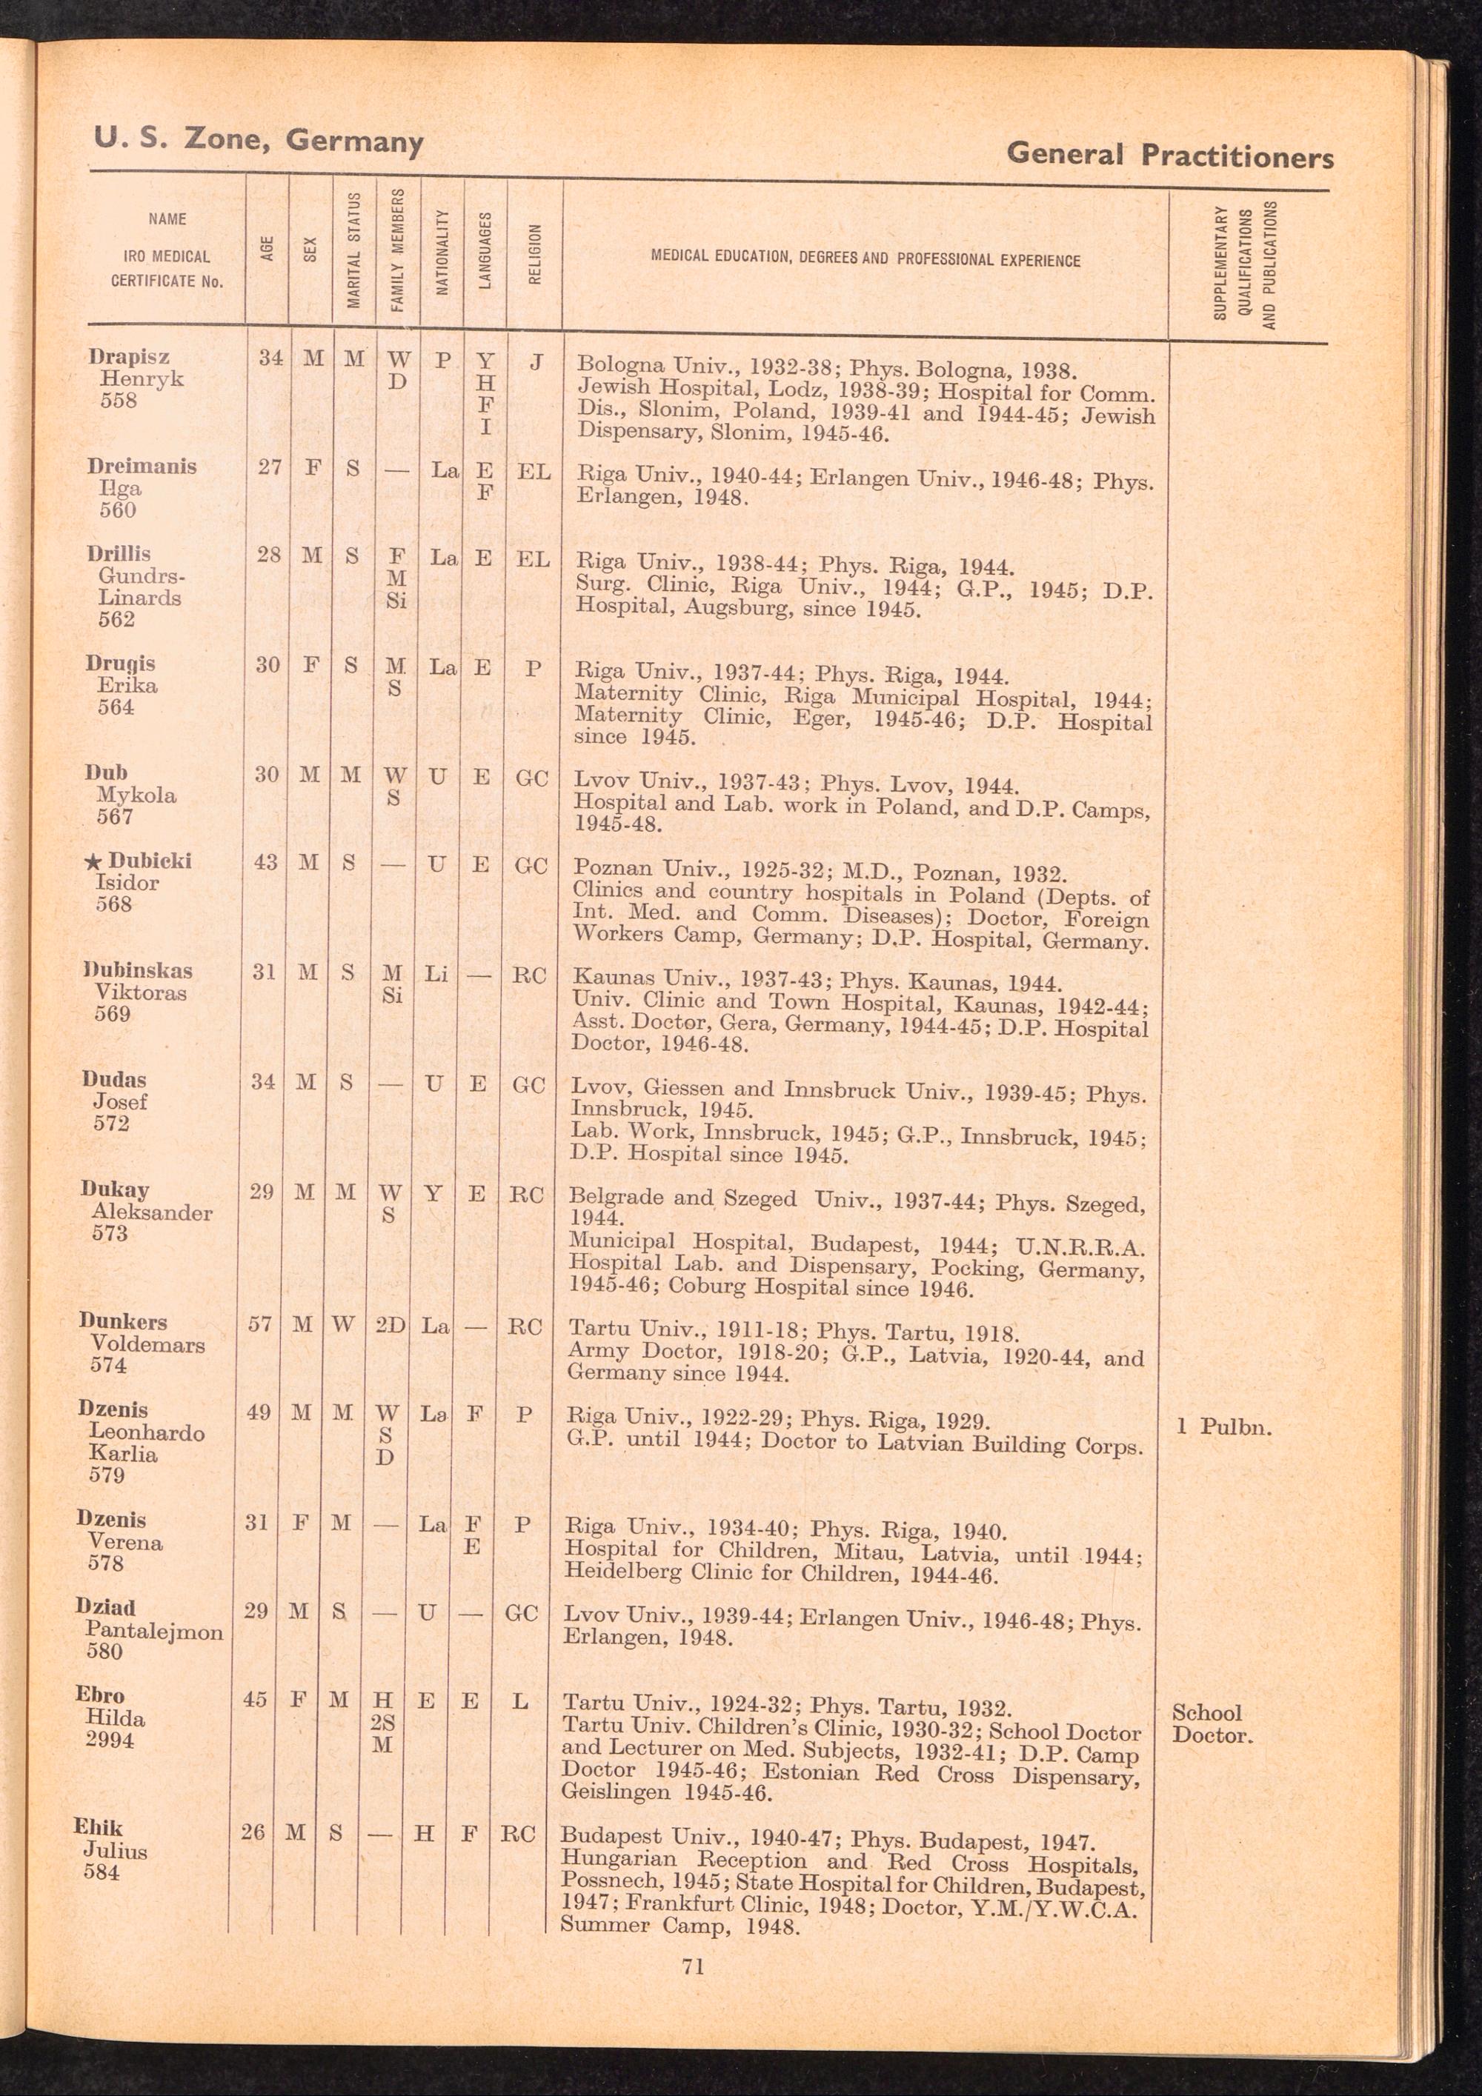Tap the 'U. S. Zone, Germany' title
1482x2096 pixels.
coord(259,141)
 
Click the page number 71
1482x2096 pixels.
coord(693,1966)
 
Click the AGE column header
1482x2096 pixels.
coord(267,248)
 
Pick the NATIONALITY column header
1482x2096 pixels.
coord(442,252)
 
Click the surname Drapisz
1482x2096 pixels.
coord(129,357)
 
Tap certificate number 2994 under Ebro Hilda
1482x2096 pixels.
coord(110,1740)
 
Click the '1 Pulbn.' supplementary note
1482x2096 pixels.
coord(1223,1427)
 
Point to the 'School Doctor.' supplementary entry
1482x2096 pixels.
coord(1212,1723)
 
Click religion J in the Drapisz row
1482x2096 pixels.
coord(537,362)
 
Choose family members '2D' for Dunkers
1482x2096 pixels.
coord(390,1324)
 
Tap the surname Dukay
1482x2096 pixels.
coord(114,1189)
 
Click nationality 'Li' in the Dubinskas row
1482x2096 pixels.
coord(436,974)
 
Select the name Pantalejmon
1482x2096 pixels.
coord(154,1632)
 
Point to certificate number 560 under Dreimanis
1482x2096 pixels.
coord(118,510)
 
